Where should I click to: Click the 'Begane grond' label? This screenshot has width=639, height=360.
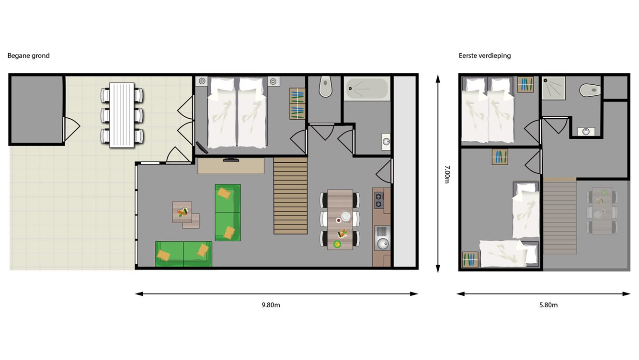pos(29,56)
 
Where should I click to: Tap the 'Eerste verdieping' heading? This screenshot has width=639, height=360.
pos(485,56)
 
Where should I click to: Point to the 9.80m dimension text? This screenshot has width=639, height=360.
pos(271,305)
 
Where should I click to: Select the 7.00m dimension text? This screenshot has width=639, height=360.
pos(447,174)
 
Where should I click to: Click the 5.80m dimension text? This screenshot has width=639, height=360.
pos(548,305)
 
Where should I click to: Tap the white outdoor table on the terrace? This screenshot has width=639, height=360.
pos(122,115)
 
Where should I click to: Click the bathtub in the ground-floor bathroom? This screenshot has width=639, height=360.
pos(367,89)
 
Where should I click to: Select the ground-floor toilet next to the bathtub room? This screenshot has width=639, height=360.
pos(326,86)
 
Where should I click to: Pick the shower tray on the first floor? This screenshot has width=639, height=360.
pos(553,88)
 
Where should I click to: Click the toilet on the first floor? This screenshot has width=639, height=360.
pos(590,90)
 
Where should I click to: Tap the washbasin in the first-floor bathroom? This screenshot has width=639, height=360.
pos(586,131)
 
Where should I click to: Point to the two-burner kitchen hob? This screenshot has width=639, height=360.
pos(379,201)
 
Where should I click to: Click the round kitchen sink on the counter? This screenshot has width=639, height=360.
pos(383,244)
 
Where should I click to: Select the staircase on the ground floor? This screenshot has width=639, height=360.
pos(290,196)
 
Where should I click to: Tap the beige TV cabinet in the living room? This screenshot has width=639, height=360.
pos(231,166)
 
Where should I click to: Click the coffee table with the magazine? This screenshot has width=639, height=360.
pos(183,213)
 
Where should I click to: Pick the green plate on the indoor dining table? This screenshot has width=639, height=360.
pos(337,244)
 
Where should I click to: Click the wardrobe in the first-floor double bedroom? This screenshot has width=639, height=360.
pos(525,84)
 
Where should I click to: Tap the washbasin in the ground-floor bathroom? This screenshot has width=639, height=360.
pos(386,142)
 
